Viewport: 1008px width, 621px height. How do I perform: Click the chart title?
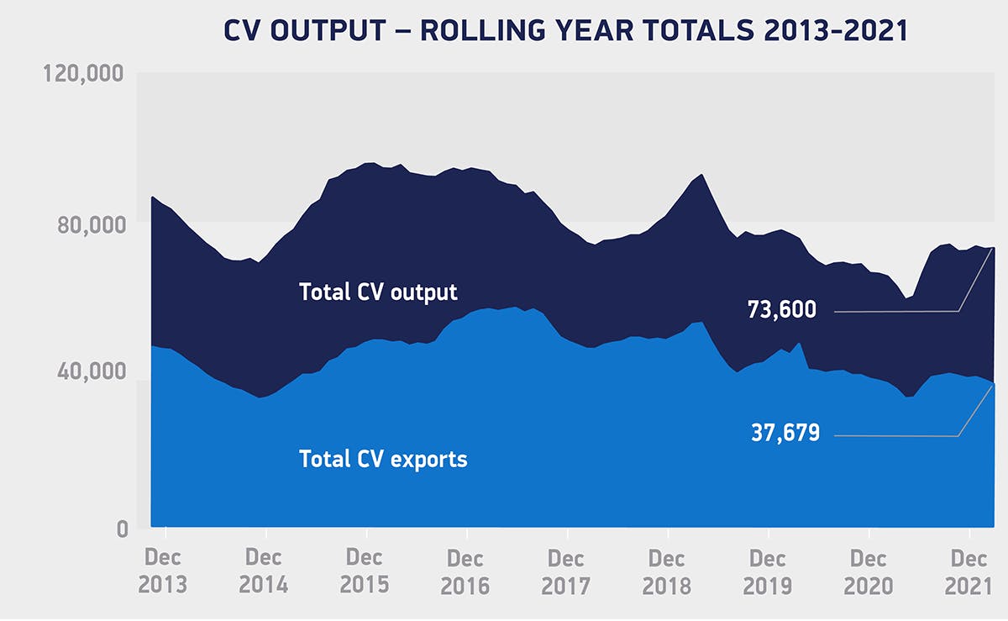click(565, 30)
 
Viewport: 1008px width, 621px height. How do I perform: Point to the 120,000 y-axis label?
click(83, 73)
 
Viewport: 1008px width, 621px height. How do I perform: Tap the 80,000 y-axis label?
click(92, 224)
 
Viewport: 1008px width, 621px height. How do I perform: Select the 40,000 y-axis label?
click(92, 371)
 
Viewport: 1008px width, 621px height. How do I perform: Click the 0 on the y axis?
click(123, 529)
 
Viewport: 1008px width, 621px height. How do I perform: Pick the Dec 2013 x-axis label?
click(162, 571)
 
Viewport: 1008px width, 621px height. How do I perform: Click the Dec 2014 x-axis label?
click(263, 571)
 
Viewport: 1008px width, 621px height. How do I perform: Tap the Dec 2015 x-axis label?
click(364, 571)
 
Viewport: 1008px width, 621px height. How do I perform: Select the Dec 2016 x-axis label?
click(465, 572)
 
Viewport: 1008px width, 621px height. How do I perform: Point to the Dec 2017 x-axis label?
click(565, 572)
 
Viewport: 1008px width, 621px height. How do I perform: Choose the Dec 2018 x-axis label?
click(666, 572)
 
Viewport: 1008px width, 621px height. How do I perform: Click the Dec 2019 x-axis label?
click(767, 572)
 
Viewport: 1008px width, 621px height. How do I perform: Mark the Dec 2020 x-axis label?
click(868, 572)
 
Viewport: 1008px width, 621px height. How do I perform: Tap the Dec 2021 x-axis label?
click(969, 572)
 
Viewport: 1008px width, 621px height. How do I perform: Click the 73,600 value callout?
click(782, 310)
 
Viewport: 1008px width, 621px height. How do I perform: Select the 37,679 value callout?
click(785, 433)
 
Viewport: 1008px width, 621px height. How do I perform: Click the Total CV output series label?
click(378, 292)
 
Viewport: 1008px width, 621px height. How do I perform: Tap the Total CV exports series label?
click(383, 460)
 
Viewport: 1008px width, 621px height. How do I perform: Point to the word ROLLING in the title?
click(481, 30)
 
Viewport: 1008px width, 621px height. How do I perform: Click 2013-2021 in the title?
click(835, 30)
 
